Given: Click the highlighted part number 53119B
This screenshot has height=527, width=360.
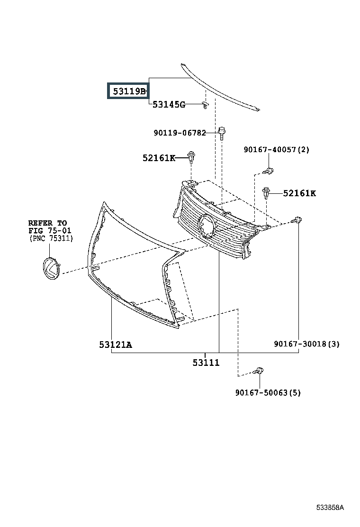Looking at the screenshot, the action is (x=129, y=91).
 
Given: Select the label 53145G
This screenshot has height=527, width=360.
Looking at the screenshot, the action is (x=169, y=105).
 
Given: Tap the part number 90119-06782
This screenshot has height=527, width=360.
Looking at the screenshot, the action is (x=180, y=133).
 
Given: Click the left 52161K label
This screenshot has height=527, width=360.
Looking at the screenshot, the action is (x=159, y=158).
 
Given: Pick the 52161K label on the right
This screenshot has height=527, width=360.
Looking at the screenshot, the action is (x=299, y=193).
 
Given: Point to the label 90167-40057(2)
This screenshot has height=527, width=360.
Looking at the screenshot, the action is (x=276, y=149).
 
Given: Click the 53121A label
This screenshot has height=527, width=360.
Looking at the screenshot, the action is (x=116, y=345).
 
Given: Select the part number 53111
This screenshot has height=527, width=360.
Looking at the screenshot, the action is (x=206, y=363).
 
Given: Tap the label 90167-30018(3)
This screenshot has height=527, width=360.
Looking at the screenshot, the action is (x=306, y=344).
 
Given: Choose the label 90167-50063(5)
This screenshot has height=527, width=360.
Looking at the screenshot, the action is (x=268, y=392).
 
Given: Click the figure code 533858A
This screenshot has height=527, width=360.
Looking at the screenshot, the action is (x=330, y=508).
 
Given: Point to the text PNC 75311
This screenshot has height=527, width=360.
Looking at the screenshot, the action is (x=51, y=238).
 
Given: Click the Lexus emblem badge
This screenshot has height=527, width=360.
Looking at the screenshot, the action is (x=51, y=268).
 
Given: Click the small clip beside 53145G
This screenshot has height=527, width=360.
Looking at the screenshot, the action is (x=206, y=105).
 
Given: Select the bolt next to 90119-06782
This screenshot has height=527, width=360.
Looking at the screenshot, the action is (x=222, y=133).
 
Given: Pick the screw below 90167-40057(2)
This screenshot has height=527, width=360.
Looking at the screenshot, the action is (x=269, y=172).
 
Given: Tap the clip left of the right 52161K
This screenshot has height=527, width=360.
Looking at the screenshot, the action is (x=266, y=192).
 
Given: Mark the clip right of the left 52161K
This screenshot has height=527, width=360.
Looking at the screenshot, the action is (x=191, y=157).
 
